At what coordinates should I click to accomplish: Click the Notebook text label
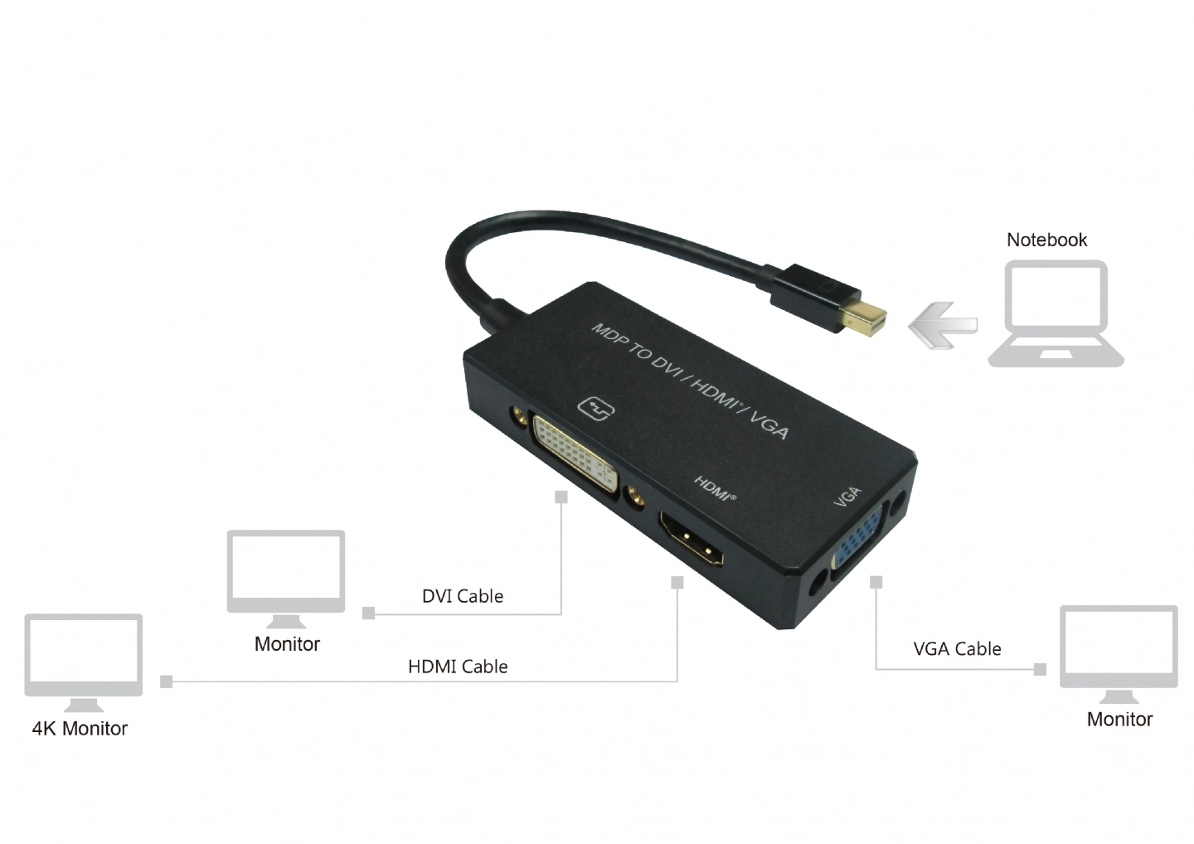[x=1046, y=240]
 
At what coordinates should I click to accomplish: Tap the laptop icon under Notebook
[x=1056, y=314]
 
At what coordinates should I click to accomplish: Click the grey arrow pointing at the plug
[x=944, y=325]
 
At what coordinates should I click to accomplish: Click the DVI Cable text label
[x=463, y=596]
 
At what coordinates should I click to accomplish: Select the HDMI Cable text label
[x=458, y=667]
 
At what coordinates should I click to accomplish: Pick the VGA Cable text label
[x=958, y=649]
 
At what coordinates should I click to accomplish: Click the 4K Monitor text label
[x=80, y=729]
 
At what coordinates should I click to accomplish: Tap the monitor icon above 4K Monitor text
[x=84, y=662]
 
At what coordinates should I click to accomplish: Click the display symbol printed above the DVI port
[x=596, y=409]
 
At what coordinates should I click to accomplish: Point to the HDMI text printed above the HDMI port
[x=715, y=488]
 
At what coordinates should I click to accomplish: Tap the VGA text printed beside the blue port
[x=847, y=497]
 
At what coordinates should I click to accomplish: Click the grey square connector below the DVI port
[x=561, y=497]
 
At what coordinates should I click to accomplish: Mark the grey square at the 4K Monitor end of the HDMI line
[x=167, y=682]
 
